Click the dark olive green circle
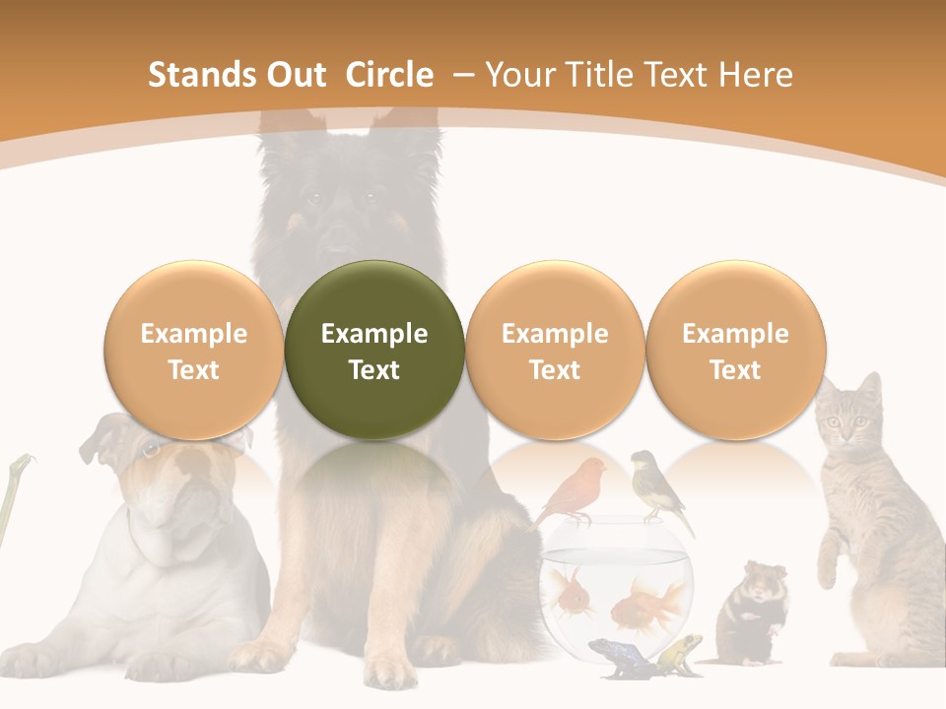[374, 350]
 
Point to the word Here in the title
[756, 75]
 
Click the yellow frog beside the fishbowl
[680, 652]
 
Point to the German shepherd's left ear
[281, 138]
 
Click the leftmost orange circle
[194, 350]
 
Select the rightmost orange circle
[736, 350]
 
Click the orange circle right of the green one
[555, 350]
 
